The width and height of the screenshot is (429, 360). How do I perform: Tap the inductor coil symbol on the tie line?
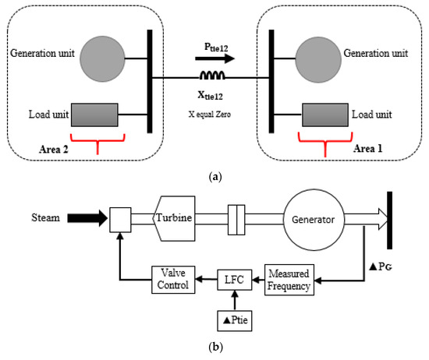tap(213, 76)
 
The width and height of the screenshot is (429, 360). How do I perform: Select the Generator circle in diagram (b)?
tap(313, 220)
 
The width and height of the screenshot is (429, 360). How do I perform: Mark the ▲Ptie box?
tap(232, 320)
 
